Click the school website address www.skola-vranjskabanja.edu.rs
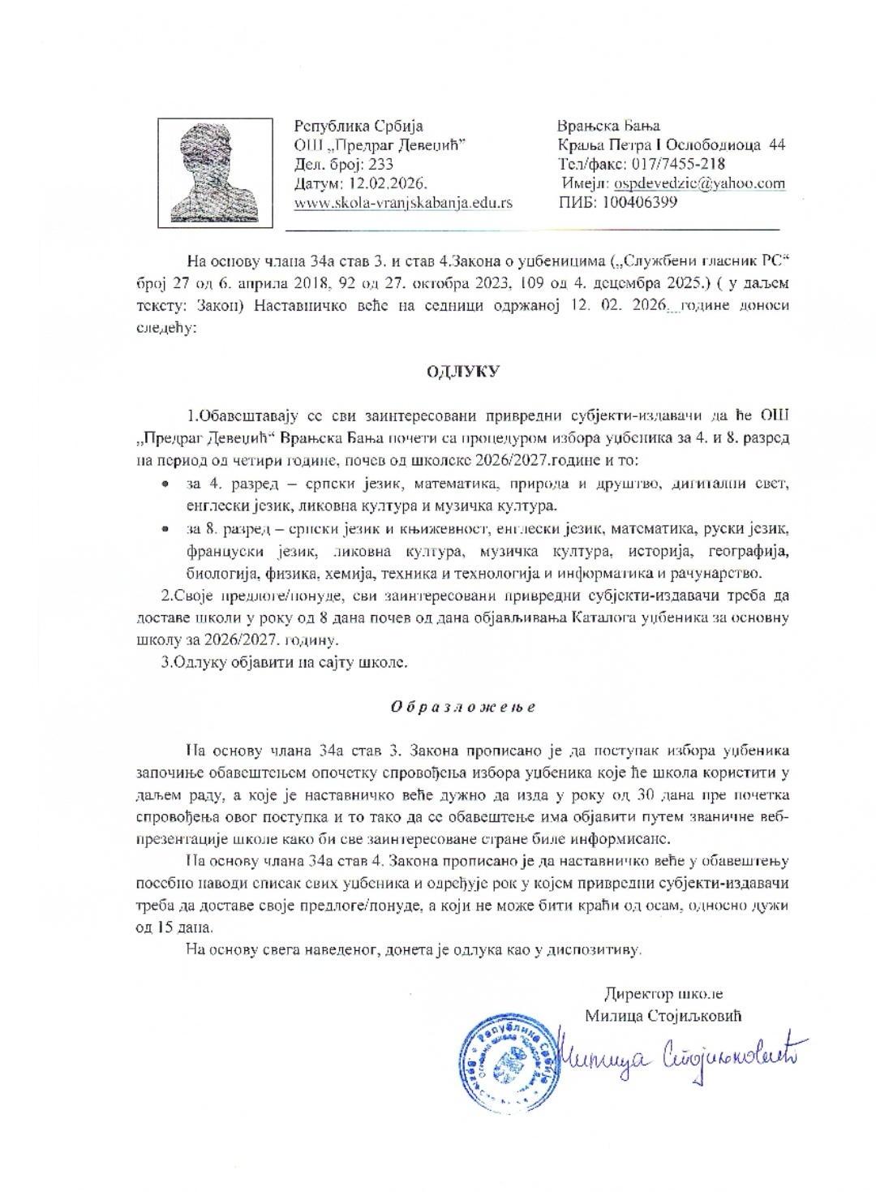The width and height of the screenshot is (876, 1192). coord(403,203)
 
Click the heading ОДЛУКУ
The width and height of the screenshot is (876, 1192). coord(464,372)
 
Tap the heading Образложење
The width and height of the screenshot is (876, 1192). coord(463,706)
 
